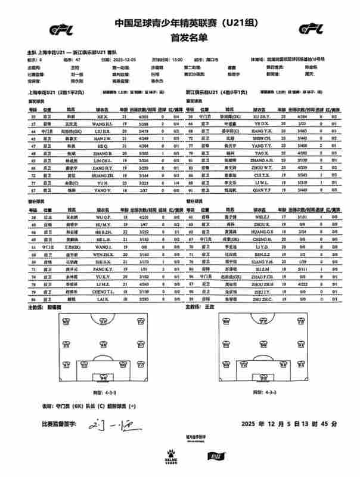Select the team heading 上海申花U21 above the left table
[x=42, y=93]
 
